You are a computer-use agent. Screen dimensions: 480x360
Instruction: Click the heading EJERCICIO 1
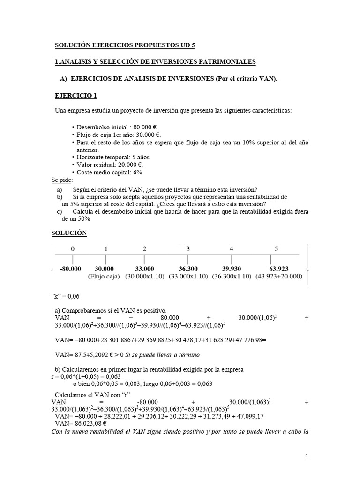[x=76, y=96]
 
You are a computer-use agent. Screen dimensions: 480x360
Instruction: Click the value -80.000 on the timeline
[x=71, y=269]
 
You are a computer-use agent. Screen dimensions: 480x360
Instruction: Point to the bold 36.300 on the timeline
[x=187, y=269]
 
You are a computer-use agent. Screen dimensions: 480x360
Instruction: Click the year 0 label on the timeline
[x=72, y=249]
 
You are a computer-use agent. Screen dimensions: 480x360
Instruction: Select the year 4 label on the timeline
[x=232, y=249]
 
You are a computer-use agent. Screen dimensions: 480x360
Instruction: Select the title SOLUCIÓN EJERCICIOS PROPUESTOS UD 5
[x=125, y=45]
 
